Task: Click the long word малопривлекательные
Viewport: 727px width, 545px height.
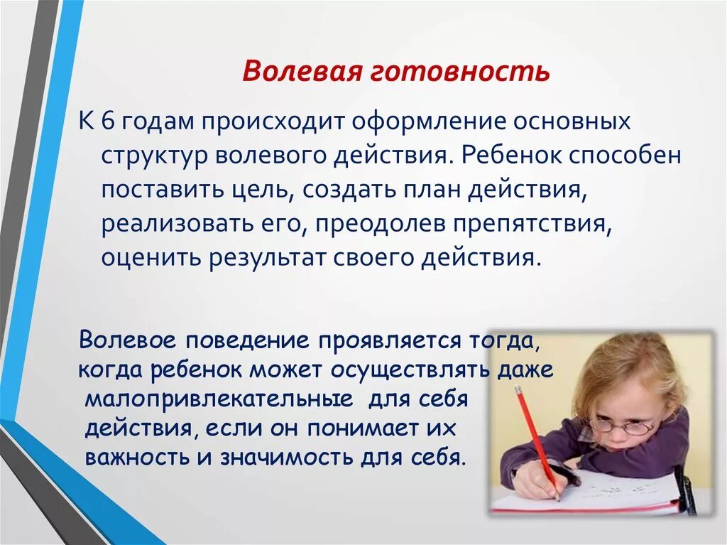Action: click(219, 398)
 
